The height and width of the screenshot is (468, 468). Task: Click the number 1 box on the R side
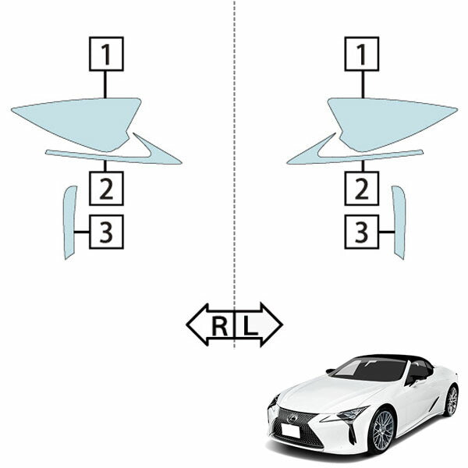tap(106, 53)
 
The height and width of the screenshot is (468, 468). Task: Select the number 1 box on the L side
tap(361, 53)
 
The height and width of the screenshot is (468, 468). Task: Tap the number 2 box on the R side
tap(106, 188)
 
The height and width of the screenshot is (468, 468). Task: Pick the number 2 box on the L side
tap(361, 188)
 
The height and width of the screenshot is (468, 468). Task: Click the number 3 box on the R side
tap(106, 232)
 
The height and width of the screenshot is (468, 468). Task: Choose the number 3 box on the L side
tap(361, 232)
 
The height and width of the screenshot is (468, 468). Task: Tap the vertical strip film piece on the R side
tap(69, 222)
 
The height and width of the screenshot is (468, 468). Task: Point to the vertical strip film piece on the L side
tap(399, 222)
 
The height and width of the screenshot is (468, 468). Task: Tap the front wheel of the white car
tap(381, 429)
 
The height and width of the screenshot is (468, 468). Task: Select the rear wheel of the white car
tap(451, 401)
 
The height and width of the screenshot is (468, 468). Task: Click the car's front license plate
tap(290, 430)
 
